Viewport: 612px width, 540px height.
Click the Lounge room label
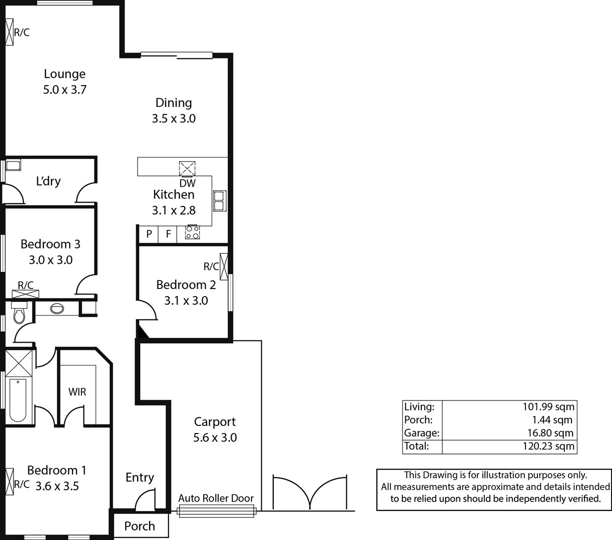(x=65, y=74)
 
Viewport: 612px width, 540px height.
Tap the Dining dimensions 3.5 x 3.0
(x=174, y=119)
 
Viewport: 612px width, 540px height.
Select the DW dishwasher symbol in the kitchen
(x=187, y=169)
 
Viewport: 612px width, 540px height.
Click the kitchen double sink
(x=219, y=200)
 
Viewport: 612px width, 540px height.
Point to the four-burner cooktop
(x=192, y=232)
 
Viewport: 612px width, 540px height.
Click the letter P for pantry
(x=149, y=233)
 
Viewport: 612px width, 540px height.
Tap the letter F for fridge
(x=169, y=233)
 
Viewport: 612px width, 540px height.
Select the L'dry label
(x=48, y=181)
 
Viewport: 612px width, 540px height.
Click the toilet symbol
(x=19, y=314)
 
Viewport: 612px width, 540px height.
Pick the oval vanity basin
(x=57, y=308)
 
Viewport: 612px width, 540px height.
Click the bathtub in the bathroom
(x=18, y=400)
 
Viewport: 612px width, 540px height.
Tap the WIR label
(x=77, y=391)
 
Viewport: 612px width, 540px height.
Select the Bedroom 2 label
(x=186, y=285)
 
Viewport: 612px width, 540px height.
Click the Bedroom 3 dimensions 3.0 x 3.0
(x=51, y=260)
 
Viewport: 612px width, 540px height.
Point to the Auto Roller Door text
(x=216, y=498)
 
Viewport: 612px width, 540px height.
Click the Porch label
(x=140, y=526)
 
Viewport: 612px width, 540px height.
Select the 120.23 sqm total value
(x=548, y=446)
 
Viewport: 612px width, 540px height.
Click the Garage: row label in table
(x=421, y=433)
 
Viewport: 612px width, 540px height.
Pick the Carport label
(x=215, y=422)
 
